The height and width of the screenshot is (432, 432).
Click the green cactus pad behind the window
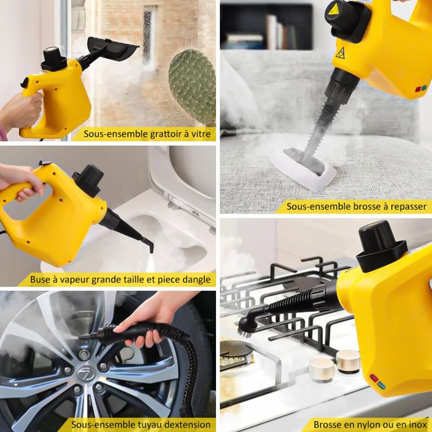[193, 86]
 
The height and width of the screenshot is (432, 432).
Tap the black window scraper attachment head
[113, 48]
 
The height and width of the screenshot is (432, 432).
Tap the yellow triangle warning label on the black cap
[333, 9]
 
